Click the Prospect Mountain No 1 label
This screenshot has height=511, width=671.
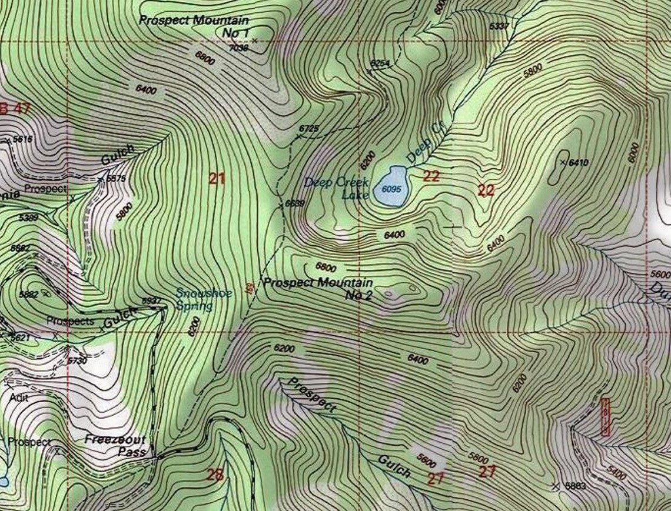pos(194,25)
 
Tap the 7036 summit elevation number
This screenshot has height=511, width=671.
pos(238,48)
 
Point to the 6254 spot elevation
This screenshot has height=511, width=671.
pos(380,63)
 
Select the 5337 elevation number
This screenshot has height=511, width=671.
pos(499,26)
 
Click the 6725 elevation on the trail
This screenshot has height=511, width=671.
pos(308,128)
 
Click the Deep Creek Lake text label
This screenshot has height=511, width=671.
pos(336,188)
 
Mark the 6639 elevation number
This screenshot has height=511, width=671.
pos(294,203)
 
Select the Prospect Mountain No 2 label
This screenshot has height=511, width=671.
pos(318,288)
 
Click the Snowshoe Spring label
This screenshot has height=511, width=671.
pos(204,299)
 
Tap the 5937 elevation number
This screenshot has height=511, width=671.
pos(151,301)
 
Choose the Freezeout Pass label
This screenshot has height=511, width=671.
pos(115,445)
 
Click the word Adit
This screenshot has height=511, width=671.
pos(19,398)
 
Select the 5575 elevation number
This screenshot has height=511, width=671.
pos(115,179)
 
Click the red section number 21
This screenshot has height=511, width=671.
pos(217,178)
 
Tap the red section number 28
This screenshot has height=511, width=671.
pos(215,474)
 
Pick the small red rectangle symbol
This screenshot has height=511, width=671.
pos(605,417)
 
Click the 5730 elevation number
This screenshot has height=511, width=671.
pos(77,360)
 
